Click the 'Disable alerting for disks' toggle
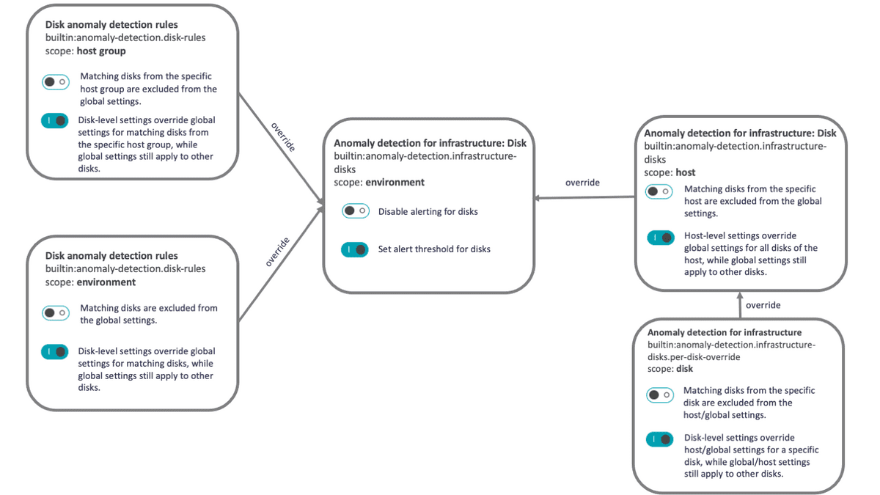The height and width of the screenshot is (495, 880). (355, 211)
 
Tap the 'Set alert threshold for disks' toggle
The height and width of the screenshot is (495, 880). (355, 249)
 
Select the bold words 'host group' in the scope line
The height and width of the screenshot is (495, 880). (101, 51)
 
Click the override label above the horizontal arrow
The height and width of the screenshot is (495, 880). (582, 183)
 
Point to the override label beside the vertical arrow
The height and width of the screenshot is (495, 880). (763, 305)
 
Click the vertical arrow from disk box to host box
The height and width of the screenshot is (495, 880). (739, 305)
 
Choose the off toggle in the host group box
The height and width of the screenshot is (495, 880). (55, 82)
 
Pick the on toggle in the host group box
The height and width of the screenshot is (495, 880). (55, 121)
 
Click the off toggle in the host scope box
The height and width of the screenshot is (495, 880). (659, 191)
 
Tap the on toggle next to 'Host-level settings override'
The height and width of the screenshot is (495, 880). (660, 238)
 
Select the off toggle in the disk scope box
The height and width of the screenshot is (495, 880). (659, 395)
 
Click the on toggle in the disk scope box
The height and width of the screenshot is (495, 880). (659, 439)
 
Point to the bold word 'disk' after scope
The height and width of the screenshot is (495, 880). (684, 369)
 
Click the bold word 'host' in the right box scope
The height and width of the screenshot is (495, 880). (686, 172)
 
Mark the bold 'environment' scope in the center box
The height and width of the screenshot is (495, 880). (395, 182)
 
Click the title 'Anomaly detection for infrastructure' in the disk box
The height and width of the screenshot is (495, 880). (724, 332)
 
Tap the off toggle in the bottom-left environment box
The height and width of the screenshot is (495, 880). (55, 313)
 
